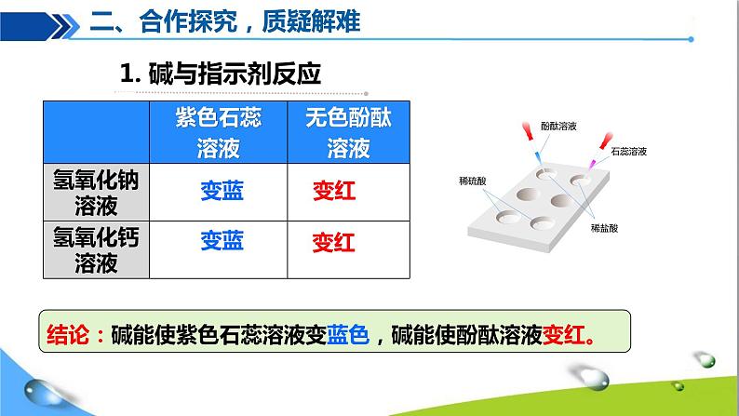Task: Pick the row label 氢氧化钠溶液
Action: (96, 192)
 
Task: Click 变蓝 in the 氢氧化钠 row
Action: (222, 191)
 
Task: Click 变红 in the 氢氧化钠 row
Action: (333, 192)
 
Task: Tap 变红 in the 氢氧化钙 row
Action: (333, 244)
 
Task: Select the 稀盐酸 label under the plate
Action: (606, 226)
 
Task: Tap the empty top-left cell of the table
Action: (96, 133)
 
